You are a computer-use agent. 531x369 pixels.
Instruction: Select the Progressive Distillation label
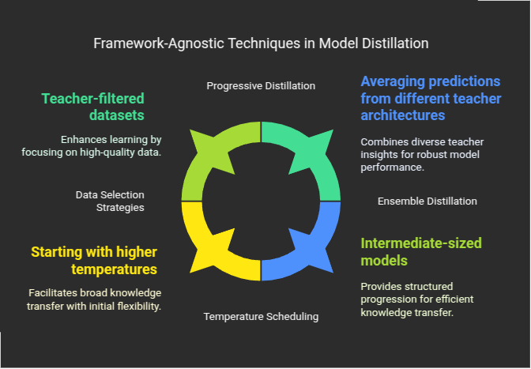pos(261,85)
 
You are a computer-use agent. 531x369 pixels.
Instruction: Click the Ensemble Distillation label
pos(427,201)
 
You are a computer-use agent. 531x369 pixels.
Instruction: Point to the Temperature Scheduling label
pos(261,316)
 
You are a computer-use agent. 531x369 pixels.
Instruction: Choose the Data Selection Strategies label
pos(110,201)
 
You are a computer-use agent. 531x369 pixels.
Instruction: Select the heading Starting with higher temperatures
pos(94,261)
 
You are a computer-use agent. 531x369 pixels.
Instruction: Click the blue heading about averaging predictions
pos(431,98)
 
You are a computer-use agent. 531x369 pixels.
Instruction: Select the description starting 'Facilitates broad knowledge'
pos(94,298)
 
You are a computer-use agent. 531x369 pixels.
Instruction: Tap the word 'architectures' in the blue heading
pos(402,115)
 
